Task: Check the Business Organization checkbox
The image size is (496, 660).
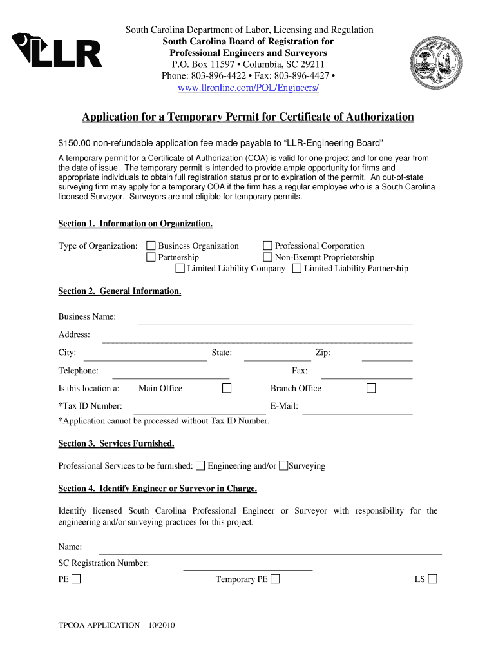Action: click(151, 246)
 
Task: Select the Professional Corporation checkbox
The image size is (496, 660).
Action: click(268, 246)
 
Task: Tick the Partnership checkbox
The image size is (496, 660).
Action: click(151, 257)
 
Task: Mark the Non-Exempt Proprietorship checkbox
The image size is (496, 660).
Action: click(268, 257)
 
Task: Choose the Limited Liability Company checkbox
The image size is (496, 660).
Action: click(180, 268)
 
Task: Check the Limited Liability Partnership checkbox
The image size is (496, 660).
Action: click(297, 268)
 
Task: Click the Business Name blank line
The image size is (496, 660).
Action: click(274, 320)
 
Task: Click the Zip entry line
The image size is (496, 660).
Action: click(386, 356)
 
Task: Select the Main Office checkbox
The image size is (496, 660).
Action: click(227, 388)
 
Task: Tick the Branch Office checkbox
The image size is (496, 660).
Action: click(371, 388)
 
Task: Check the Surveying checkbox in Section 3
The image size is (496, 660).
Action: click(283, 465)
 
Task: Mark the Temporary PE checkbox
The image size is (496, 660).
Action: click(276, 579)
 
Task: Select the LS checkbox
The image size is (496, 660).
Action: click(432, 579)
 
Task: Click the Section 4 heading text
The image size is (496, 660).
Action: click(158, 489)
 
